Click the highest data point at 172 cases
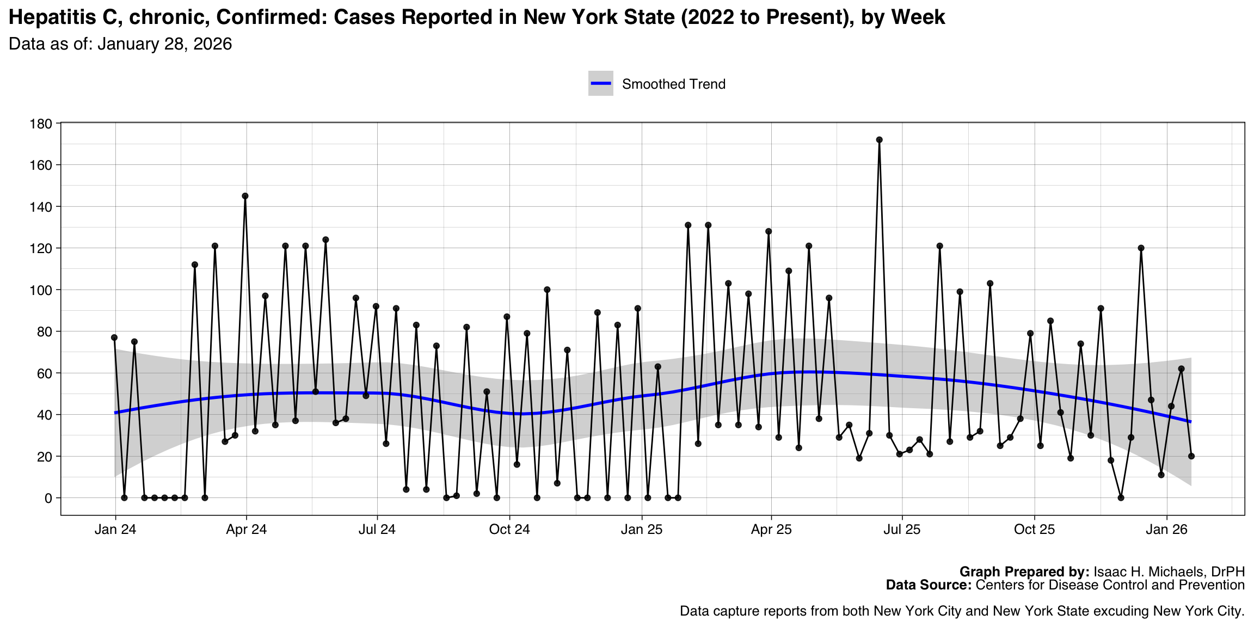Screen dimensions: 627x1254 tap(879, 140)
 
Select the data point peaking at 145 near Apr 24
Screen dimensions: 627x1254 tap(245, 196)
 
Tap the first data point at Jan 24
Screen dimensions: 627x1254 tap(114, 337)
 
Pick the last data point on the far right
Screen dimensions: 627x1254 tap(1191, 456)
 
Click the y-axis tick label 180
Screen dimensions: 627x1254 tap(41, 124)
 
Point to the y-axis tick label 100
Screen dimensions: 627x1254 tap(41, 290)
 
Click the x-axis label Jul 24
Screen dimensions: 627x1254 tap(377, 530)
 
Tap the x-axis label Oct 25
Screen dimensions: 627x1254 tap(1034, 530)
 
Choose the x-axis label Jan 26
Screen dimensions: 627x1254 tap(1166, 530)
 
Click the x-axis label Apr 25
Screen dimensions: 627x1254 tap(771, 530)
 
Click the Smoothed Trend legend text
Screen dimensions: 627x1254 tap(673, 84)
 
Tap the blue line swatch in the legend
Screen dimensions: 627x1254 tap(601, 84)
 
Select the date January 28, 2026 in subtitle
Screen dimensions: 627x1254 tap(164, 44)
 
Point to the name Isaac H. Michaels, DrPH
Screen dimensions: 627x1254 tap(1169, 572)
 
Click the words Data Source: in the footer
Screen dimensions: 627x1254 tap(928, 585)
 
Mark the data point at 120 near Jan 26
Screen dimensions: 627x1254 tap(1141, 248)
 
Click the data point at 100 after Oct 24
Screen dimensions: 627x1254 tap(547, 290)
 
